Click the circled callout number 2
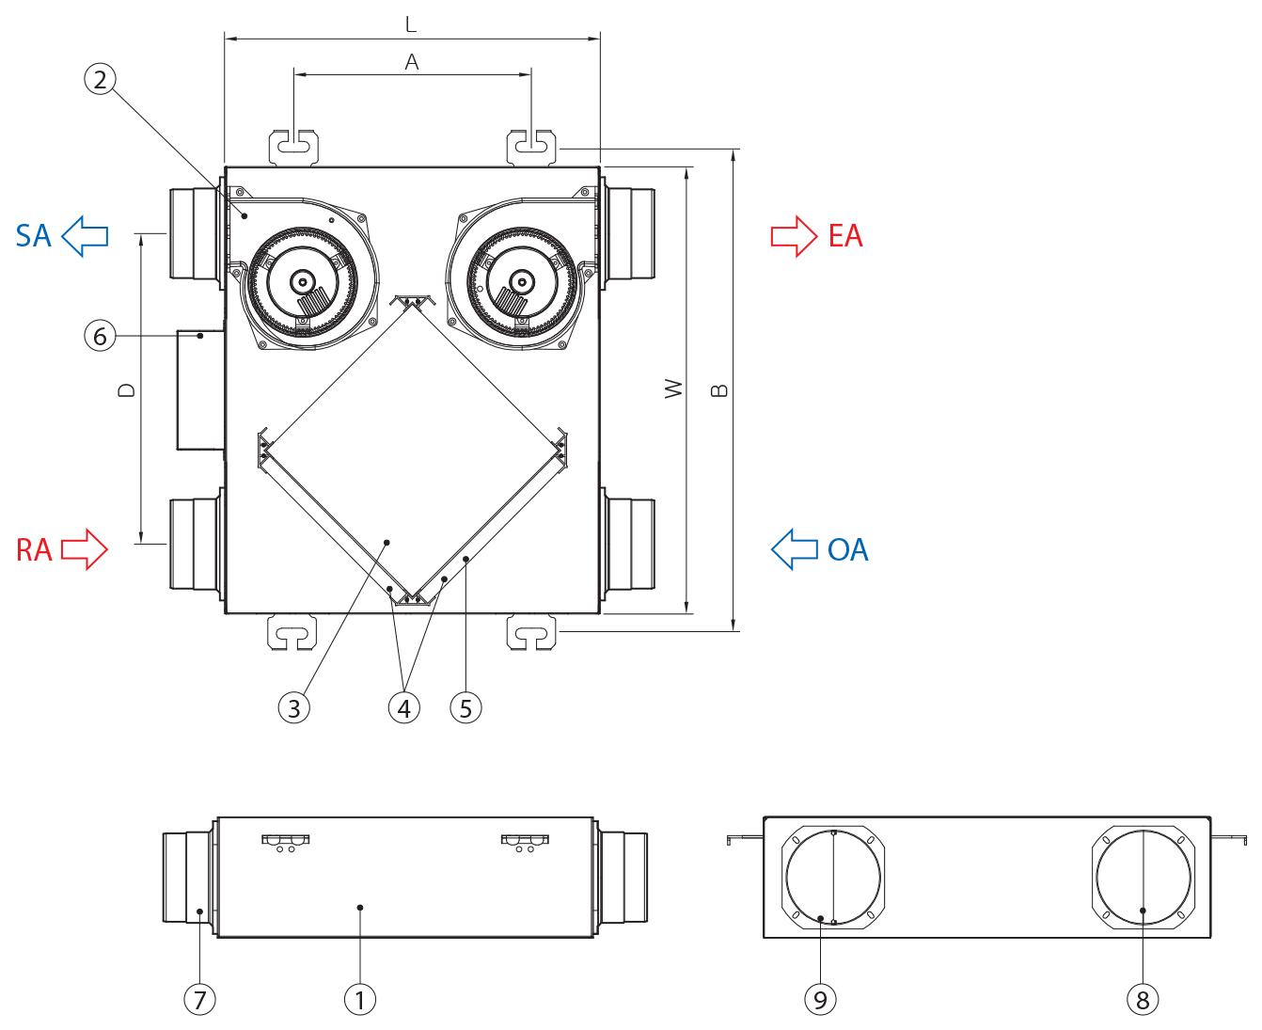coord(101,79)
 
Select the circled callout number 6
coord(100,336)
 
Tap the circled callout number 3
coord(294,707)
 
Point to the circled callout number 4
coord(404,707)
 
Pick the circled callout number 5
coord(465,707)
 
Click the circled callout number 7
coord(199,999)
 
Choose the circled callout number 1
coord(359,999)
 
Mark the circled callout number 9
coord(820,999)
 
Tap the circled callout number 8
coord(1143,999)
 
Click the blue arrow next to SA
coord(85,235)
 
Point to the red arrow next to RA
coord(85,549)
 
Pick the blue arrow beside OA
coord(795,549)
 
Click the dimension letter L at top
coord(411,24)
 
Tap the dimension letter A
coord(412,62)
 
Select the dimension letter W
coord(673,388)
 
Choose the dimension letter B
coord(720,389)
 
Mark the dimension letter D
coord(127,389)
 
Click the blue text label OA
coord(847,550)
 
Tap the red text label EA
coord(845,235)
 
